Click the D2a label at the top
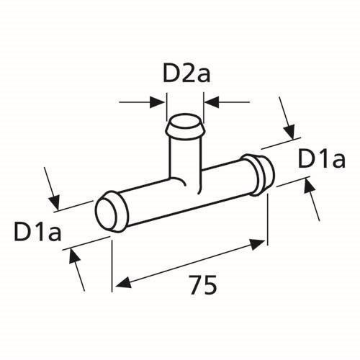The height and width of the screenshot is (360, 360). pos(186,73)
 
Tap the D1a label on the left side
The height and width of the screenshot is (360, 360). pos(37,231)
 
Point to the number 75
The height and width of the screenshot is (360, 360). pos(203,284)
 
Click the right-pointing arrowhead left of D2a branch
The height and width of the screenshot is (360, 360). pos(157,102)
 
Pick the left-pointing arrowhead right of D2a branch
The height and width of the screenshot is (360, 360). pos(212,102)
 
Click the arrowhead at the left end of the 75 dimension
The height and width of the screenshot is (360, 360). pos(124,283)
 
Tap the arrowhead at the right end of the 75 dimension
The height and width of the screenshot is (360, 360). pos(258,243)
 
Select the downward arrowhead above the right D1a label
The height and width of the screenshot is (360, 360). pos(289,132)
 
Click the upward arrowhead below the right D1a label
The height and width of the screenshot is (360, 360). pos(309,186)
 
